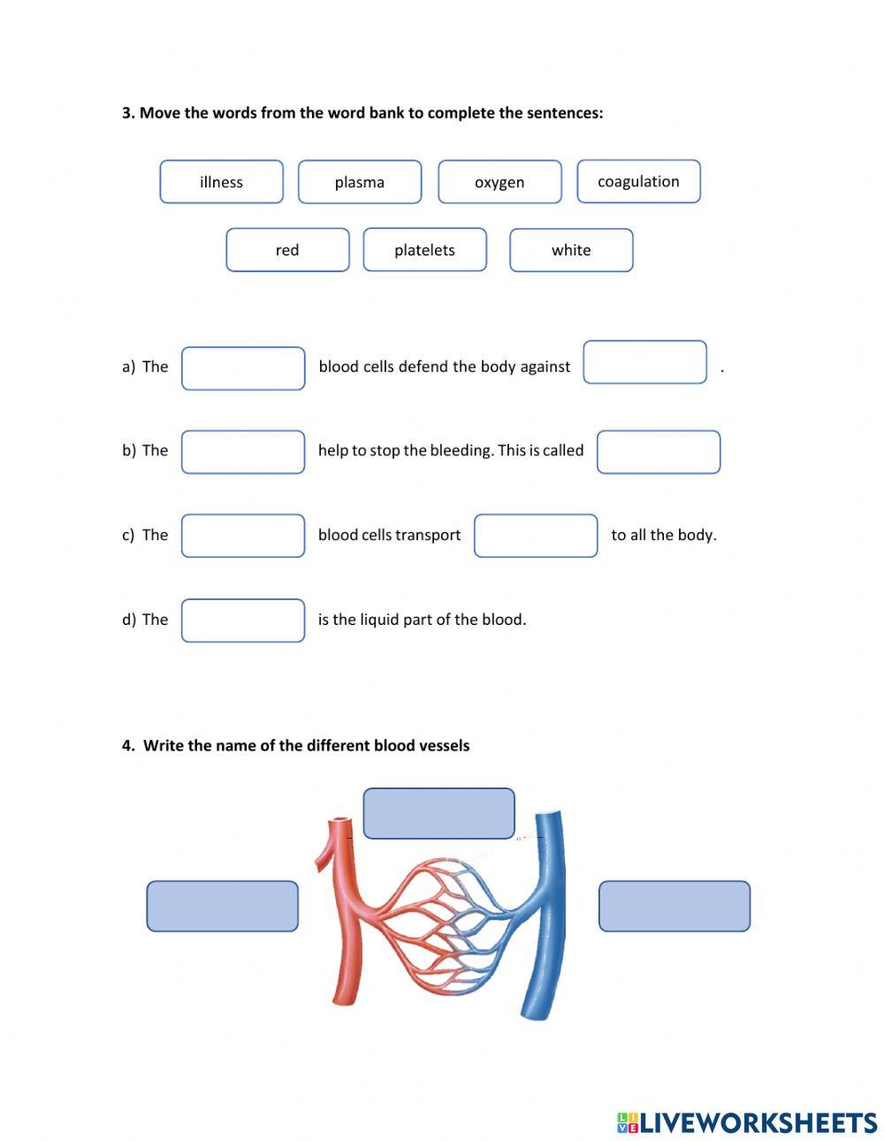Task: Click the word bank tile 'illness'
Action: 221,182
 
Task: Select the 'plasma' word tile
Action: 360,182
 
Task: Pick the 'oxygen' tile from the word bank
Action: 499,182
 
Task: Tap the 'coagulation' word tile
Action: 638,181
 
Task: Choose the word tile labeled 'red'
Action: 287,250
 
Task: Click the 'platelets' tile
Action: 424,250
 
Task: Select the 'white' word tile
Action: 571,250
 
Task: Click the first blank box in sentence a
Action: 243,369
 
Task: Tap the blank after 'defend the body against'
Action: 644,362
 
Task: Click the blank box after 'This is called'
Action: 659,452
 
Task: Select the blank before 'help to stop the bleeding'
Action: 243,452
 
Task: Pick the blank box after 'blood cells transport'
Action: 536,536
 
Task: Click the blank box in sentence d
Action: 243,620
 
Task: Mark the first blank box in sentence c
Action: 243,536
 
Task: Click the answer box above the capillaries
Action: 438,813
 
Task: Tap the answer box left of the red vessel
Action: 222,906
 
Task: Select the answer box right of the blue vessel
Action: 674,906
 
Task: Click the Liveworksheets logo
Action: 747,1122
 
